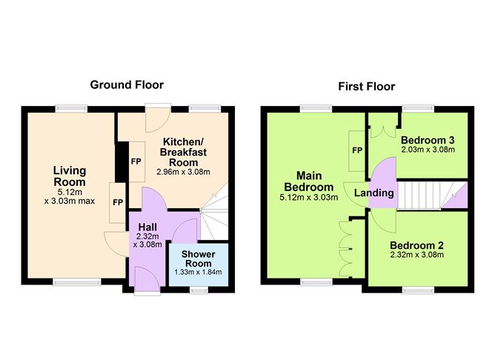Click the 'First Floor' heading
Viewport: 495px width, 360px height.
[x=366, y=86]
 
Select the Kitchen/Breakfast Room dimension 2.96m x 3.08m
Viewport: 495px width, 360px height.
[x=183, y=172]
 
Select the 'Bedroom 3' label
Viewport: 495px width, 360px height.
[x=427, y=140]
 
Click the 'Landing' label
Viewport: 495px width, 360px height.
[x=373, y=193]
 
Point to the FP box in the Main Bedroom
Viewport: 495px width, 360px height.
[x=357, y=150]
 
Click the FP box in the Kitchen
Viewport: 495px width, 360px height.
[x=136, y=161]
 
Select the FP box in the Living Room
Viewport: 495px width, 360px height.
[x=118, y=201]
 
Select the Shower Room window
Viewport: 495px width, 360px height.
[x=198, y=288]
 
